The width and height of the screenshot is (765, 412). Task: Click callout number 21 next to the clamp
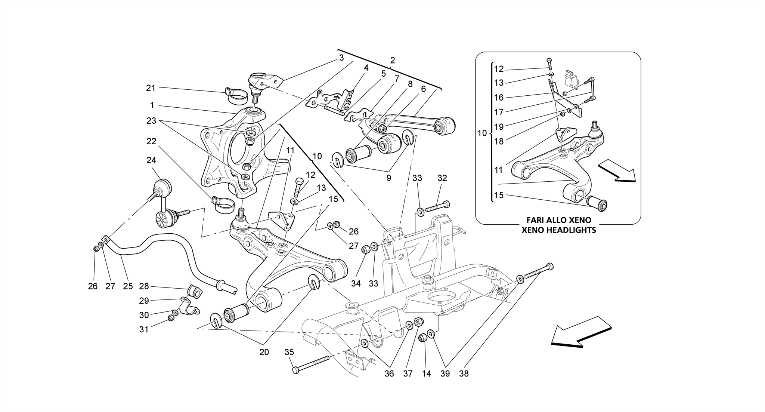coord(151,88)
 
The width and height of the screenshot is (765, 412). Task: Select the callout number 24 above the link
coord(151,160)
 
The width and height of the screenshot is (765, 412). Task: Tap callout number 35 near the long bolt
coord(289,352)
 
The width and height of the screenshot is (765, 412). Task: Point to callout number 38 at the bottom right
coord(464,373)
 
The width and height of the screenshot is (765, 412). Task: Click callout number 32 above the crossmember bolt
coord(442,178)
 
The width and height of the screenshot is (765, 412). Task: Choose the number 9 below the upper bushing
coord(388,178)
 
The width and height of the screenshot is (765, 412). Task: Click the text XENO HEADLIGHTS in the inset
coord(558,230)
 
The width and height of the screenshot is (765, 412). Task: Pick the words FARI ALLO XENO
coord(558,220)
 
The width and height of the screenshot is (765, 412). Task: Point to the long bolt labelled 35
coord(312,364)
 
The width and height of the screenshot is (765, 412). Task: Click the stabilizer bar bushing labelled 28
coord(193,291)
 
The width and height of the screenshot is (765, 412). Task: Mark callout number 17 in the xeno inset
coord(499,112)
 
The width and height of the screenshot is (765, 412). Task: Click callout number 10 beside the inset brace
coord(482,133)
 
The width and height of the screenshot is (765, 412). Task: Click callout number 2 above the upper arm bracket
coord(392,60)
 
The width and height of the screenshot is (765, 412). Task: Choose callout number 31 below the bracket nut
coord(144,329)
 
